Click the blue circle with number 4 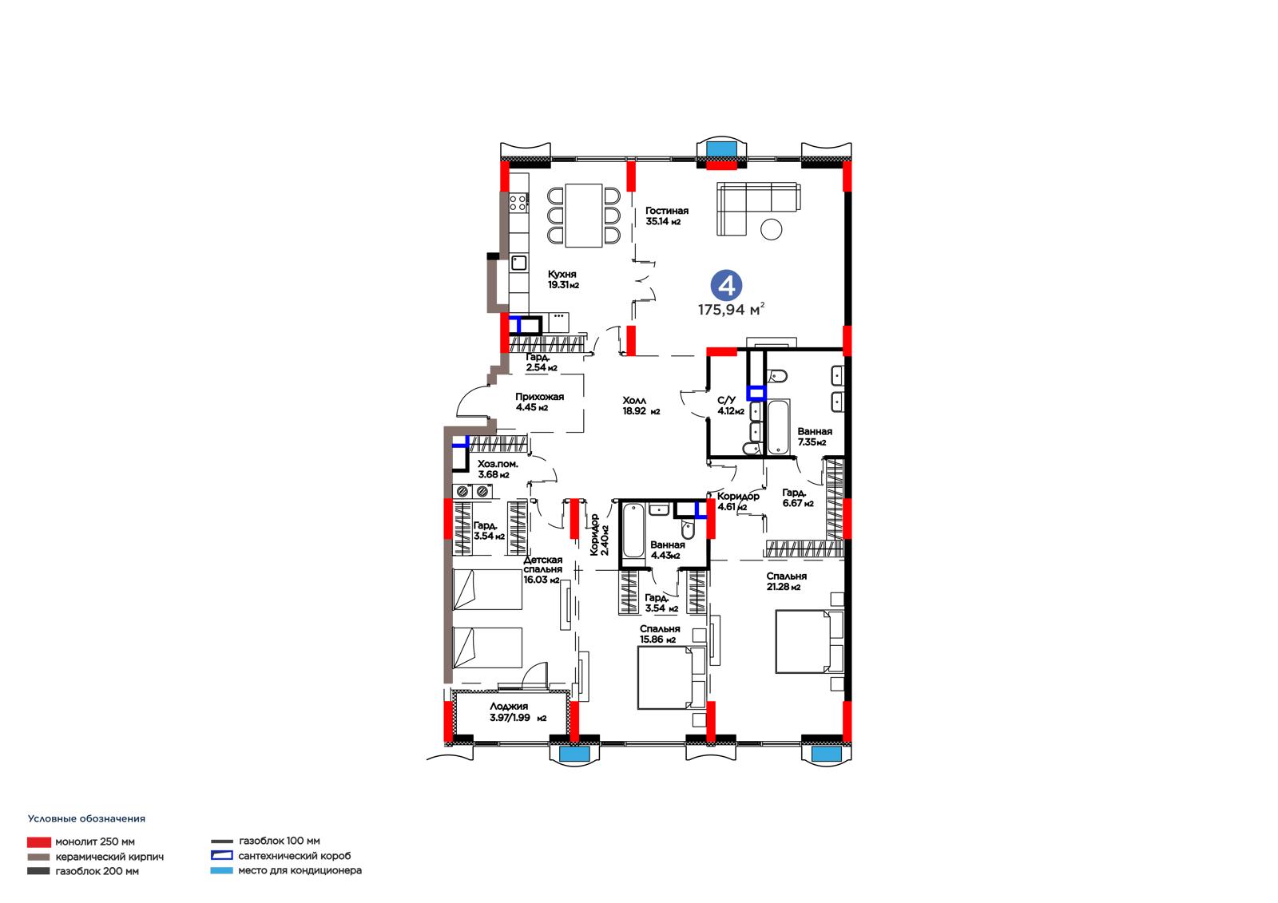(x=726, y=285)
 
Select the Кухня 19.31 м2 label (x=563, y=279)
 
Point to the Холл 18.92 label (x=641, y=406)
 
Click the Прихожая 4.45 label (x=539, y=402)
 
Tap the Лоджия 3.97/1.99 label (x=518, y=712)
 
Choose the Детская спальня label (x=543, y=564)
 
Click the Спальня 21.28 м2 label (x=786, y=581)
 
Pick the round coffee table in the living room (x=771, y=229)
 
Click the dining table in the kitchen (x=584, y=215)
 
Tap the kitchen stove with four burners (x=518, y=202)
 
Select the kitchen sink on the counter (x=518, y=263)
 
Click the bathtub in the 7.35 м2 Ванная (x=778, y=426)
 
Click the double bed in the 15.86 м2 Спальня (x=672, y=678)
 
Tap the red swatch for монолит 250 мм (x=39, y=842)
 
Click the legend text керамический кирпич (x=109, y=857)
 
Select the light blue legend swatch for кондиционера (x=221, y=870)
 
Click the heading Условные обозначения (x=87, y=818)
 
